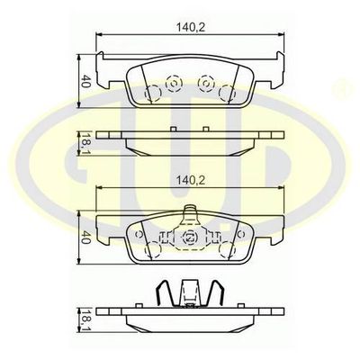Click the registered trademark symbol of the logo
click(x=343, y=93)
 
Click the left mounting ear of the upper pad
click(x=108, y=75)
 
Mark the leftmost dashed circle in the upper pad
click(x=155, y=92)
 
